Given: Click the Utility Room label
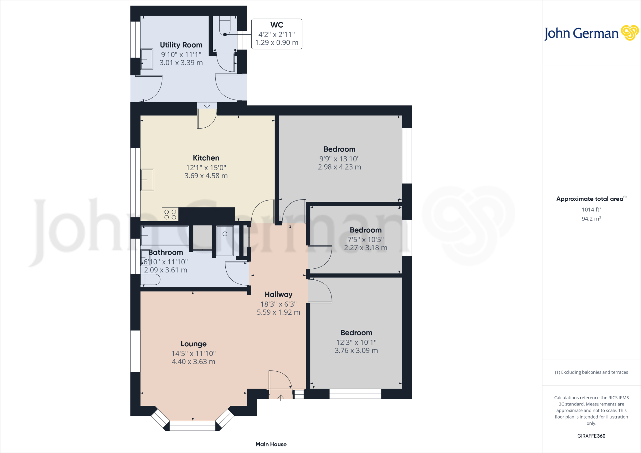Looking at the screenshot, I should click(181, 45).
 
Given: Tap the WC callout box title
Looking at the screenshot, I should click(277, 25).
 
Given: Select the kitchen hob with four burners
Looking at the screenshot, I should click(170, 214).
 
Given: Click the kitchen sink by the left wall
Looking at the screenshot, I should click(147, 180).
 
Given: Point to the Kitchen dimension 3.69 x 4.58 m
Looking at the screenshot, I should click(206, 176).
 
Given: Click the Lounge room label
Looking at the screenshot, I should click(193, 344).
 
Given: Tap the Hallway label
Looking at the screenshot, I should click(278, 294).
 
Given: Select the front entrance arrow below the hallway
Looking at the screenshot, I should click(281, 397).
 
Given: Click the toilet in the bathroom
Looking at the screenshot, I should click(151, 279).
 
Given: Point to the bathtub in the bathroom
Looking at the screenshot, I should click(164, 235).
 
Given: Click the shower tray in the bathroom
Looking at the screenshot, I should click(225, 240).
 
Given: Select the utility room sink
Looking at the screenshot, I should click(146, 59).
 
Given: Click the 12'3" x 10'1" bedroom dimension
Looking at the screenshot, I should click(356, 342).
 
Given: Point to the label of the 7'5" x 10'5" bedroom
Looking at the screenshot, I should click(365, 230).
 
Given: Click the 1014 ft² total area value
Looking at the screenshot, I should click(591, 210).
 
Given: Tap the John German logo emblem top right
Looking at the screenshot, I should click(629, 33).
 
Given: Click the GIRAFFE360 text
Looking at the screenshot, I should click(591, 436).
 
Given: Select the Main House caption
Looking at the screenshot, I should click(271, 444).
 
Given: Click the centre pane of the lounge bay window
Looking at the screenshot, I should click(192, 426).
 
